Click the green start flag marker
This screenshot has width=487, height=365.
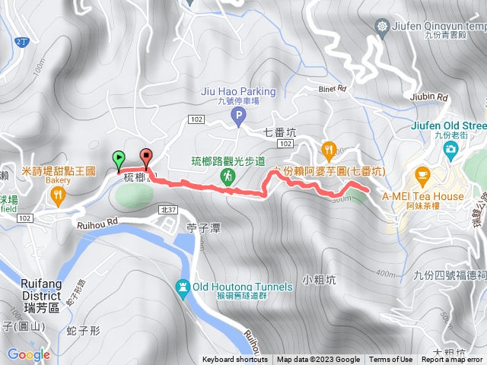119,158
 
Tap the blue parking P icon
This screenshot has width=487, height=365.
238,117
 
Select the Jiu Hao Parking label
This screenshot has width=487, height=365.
228,92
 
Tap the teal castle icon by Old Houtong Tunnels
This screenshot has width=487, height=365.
182,287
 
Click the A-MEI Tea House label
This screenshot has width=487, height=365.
423,195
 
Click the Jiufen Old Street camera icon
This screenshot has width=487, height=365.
451,148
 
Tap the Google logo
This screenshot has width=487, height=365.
29,354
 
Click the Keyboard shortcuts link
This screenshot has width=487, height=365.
235,360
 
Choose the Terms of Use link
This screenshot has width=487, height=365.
391,360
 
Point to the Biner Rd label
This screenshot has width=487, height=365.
332,89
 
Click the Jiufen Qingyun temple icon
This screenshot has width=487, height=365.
381,27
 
